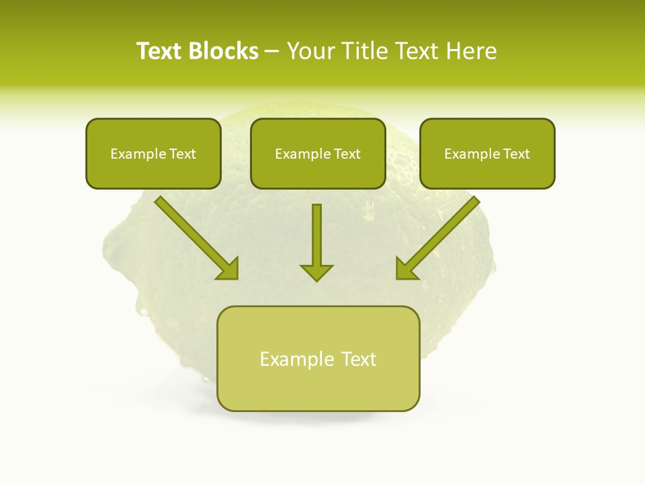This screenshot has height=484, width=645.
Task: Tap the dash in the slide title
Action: coord(272,52)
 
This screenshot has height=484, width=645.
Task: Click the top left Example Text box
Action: coord(153,153)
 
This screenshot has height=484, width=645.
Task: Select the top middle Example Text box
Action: coord(318,153)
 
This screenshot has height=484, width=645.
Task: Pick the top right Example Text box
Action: coord(487,153)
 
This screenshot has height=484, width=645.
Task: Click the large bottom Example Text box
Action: coord(318,359)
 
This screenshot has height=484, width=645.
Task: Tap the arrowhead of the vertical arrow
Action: coord(316,272)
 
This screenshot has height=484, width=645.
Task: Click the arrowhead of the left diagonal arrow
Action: coord(228,269)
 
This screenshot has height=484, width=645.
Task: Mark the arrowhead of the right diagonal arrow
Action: coord(406,269)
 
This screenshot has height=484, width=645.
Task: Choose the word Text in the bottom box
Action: coord(358,359)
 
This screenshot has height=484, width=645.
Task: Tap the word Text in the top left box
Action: coord(182,153)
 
